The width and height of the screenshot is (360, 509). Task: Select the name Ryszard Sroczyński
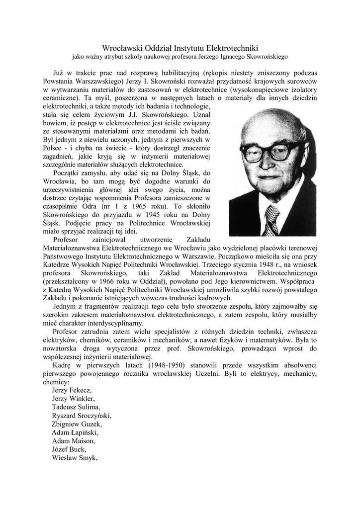pos(82,416)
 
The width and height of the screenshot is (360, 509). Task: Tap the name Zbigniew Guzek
pos(77,424)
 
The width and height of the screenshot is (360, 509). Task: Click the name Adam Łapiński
pos(75,432)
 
